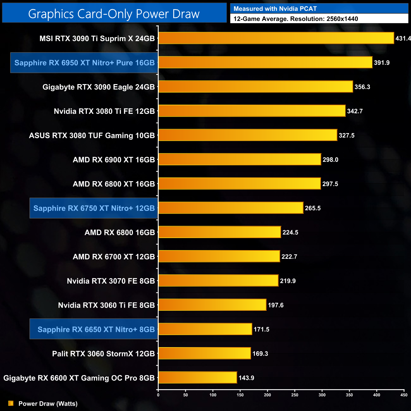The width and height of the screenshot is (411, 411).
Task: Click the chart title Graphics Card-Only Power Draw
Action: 114,14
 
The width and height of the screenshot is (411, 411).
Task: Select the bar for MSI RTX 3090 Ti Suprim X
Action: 276,38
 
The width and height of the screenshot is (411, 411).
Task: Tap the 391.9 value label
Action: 382,63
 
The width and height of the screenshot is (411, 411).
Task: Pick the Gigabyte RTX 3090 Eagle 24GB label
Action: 99,87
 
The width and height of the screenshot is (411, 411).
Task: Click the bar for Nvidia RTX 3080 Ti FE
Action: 252,111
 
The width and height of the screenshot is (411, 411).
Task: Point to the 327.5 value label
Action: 347,135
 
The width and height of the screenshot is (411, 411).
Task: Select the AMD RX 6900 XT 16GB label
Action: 114,160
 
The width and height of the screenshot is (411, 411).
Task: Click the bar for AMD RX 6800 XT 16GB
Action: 239,184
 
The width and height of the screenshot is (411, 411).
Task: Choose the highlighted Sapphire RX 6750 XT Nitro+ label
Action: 94,208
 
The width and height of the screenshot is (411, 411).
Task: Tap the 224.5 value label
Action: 290,232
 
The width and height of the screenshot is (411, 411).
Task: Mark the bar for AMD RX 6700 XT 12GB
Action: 219,256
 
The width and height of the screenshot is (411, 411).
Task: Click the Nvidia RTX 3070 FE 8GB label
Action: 111,281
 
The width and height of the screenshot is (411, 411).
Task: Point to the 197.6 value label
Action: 276,305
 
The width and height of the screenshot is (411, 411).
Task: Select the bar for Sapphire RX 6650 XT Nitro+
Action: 205,329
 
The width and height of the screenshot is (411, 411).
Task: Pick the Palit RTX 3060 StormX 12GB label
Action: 103,353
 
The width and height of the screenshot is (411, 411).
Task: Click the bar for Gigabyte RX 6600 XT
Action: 198,377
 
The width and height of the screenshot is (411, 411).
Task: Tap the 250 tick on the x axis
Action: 295,395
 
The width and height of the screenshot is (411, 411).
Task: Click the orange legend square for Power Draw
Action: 11,403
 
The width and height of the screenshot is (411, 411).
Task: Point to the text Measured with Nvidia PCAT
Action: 275,9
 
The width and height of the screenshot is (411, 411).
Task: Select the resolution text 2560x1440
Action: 342,19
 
